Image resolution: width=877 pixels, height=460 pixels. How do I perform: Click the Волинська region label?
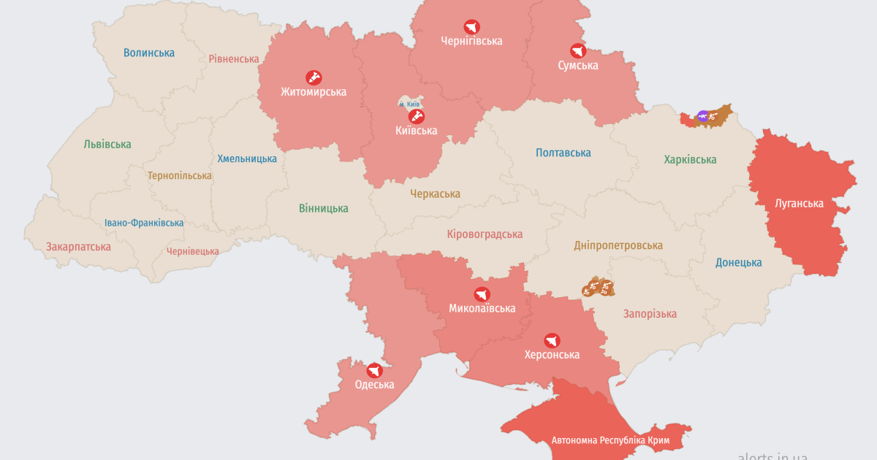tap(149, 53)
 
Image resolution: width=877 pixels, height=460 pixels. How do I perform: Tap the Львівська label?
tap(107, 144)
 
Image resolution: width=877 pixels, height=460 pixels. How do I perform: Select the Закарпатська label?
tap(78, 246)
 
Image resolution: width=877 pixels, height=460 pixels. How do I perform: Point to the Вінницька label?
tap(323, 208)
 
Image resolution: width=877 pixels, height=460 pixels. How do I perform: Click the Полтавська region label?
tap(563, 153)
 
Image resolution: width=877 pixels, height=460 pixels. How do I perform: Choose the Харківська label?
tap(690, 159)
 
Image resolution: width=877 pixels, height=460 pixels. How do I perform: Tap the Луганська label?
tap(799, 203)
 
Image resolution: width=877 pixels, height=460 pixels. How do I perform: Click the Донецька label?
tap(738, 262)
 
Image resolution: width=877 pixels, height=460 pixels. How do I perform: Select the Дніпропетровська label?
tap(618, 245)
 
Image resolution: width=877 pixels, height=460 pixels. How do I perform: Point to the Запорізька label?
tap(650, 313)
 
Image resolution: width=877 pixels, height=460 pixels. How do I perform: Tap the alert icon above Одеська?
tap(374, 370)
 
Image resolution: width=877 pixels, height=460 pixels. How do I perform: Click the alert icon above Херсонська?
tap(552, 340)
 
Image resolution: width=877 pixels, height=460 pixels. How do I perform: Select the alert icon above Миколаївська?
tap(481, 294)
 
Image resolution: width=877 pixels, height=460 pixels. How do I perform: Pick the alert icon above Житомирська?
tap(314, 77)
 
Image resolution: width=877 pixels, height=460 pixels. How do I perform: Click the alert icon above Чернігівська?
tap(471, 27)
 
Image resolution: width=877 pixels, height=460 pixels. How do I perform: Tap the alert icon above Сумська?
tap(577, 51)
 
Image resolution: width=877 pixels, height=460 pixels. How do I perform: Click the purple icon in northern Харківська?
tap(702, 115)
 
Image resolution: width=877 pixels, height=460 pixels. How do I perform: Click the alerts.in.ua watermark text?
tap(772, 455)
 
